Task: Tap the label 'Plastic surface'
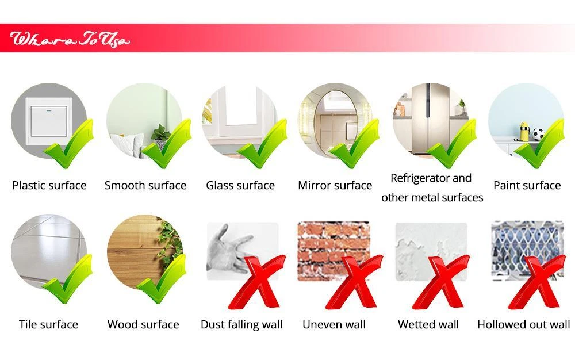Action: (49, 185)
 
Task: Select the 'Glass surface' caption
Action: (240, 185)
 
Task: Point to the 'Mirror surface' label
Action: (335, 185)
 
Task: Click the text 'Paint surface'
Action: (527, 185)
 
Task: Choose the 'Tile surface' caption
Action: (48, 324)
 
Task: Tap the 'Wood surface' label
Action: (143, 324)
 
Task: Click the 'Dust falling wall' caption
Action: (241, 324)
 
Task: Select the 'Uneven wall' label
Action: (334, 324)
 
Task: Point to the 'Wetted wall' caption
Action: (428, 324)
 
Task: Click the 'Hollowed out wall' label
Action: (524, 324)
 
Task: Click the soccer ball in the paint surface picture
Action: (538, 134)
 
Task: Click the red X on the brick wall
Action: (354, 282)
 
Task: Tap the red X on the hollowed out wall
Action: (536, 282)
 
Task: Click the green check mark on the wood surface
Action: (162, 278)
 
